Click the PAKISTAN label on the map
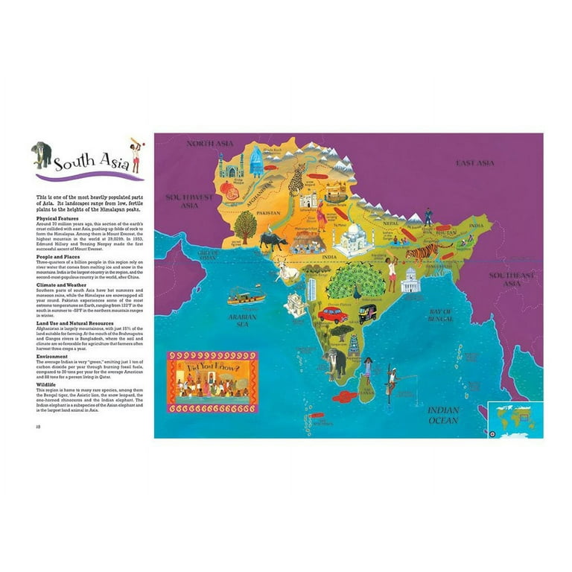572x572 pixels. [x=270, y=213]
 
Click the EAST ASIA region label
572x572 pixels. [x=475, y=163]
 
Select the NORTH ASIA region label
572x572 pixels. [x=210, y=143]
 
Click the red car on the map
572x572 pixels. [x=333, y=314]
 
